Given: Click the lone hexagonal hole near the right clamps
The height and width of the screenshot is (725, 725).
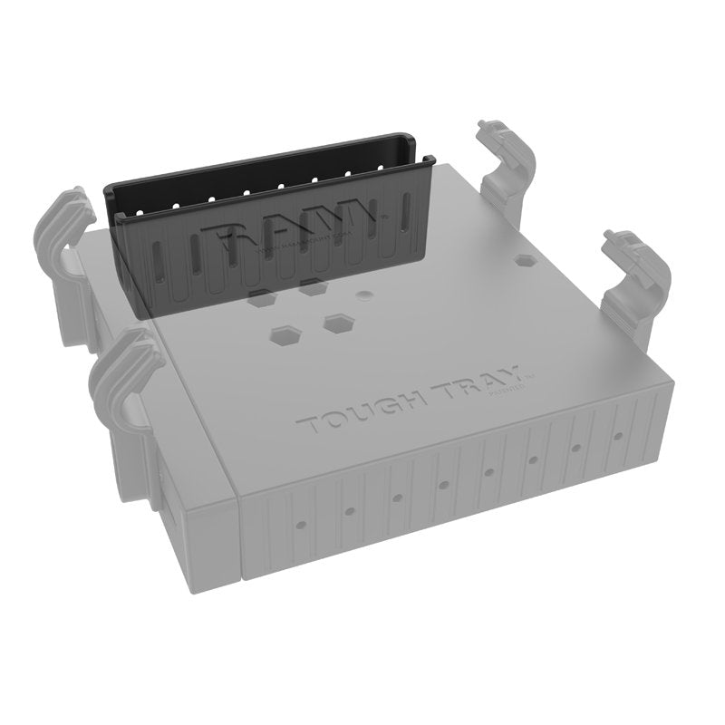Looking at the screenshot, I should click(x=525, y=259).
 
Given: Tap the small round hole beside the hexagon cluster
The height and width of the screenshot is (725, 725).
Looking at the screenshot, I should click(x=363, y=295).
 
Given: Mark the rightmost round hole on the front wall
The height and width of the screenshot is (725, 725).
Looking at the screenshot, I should click(x=619, y=437).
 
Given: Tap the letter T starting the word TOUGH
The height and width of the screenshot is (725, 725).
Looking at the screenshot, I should click(x=307, y=425).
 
